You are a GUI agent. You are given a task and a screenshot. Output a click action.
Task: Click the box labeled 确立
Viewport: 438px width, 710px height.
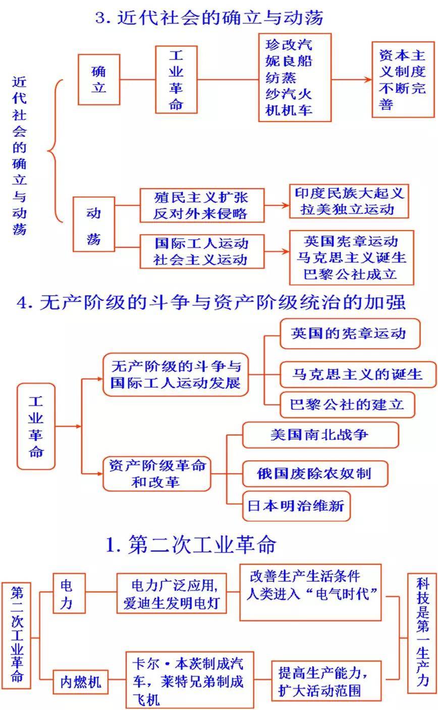pos(99,79)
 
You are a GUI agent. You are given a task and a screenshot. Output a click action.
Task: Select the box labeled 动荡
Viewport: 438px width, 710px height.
pos(94,224)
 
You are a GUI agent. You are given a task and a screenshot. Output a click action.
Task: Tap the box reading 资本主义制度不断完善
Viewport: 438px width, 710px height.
pos(403,79)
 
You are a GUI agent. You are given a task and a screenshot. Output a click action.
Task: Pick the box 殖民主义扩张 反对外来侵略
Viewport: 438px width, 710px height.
pos(202,205)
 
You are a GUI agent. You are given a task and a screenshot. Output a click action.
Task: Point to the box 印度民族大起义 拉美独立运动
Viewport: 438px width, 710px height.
pos(349,201)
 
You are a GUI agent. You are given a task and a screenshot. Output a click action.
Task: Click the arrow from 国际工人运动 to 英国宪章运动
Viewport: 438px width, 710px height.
pos(277,251)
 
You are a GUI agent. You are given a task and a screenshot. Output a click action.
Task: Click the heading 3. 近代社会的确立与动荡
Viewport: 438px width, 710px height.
pos(209,18)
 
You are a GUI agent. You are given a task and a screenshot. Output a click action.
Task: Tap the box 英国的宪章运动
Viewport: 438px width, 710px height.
pos(350,334)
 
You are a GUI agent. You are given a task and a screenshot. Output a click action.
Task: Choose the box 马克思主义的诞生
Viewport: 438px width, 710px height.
pos(358,374)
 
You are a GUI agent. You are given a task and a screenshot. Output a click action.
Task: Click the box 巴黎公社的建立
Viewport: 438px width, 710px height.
pos(347,404)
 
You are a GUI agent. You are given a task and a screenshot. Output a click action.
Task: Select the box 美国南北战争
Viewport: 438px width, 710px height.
pos(320,434)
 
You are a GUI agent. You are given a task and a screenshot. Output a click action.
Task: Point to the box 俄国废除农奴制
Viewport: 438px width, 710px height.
pos(315,473)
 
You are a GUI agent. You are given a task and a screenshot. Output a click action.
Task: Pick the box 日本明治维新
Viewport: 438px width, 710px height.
pos(296,506)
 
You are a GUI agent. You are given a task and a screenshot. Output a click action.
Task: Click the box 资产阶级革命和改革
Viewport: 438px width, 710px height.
pos(157,474)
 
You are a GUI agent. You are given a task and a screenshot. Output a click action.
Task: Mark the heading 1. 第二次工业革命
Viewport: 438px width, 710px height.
pos(191,544)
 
